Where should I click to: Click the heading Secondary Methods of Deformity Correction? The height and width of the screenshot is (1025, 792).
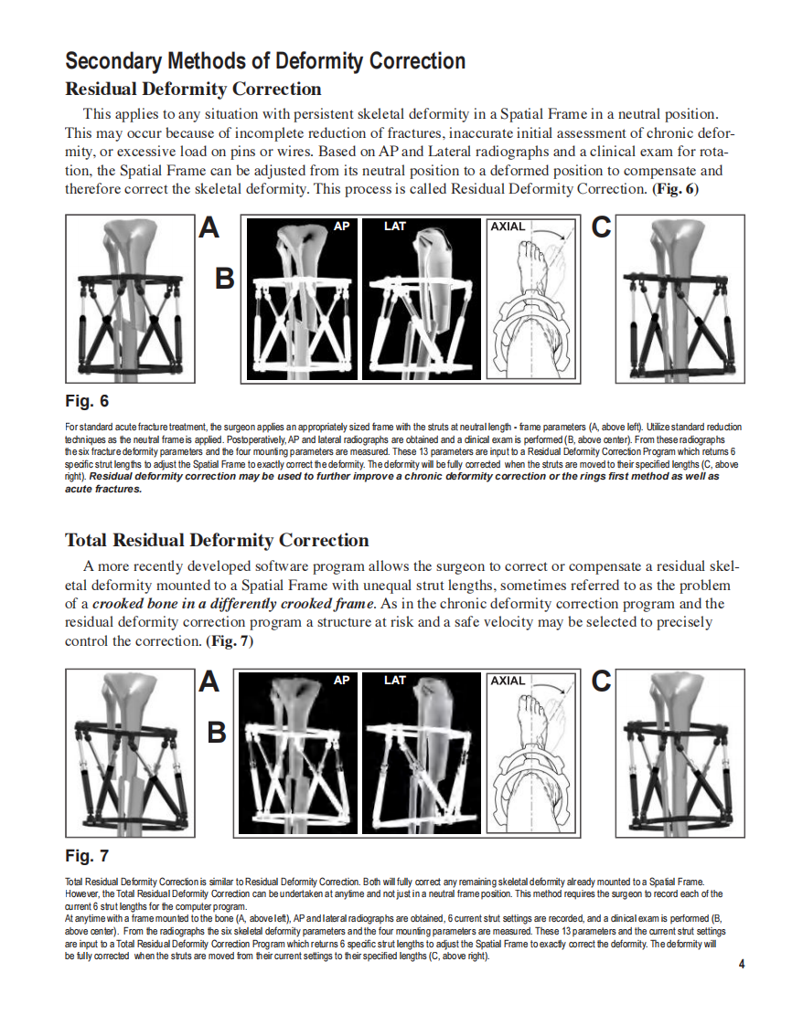click(265, 61)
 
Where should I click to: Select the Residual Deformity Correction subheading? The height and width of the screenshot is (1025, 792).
click(193, 90)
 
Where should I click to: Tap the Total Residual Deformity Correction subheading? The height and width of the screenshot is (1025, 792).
click(217, 540)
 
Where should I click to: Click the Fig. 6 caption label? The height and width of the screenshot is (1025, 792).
click(87, 401)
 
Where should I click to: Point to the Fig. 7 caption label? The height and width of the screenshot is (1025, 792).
click(87, 856)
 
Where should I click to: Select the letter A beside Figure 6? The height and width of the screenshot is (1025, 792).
click(209, 228)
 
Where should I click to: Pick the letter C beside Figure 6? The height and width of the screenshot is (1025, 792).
click(601, 228)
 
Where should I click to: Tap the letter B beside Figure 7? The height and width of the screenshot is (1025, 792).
click(217, 733)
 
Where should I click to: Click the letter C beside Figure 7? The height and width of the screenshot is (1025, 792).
click(601, 682)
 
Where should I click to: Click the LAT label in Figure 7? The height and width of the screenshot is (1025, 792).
click(395, 681)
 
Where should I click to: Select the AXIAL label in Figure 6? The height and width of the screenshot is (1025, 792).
click(508, 226)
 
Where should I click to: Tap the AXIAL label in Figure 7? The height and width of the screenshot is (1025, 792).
click(508, 681)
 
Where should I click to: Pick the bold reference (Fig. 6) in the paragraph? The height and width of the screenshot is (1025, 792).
click(675, 188)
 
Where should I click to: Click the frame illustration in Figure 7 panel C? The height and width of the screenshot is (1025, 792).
click(680, 753)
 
